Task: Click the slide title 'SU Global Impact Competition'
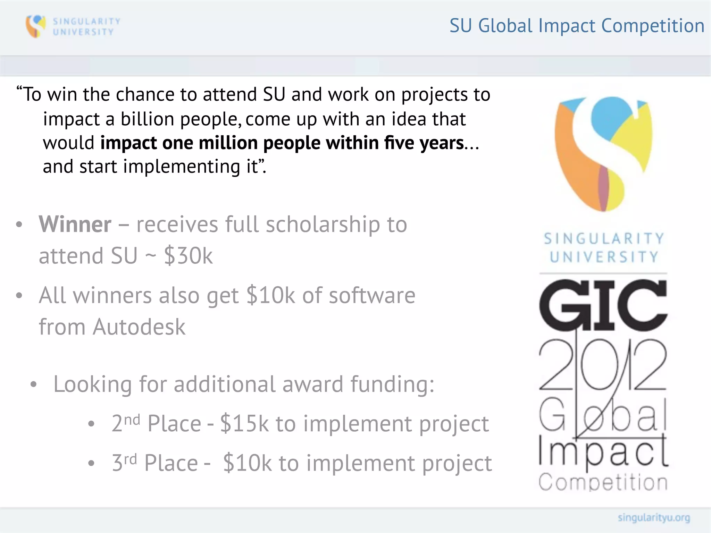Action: (577, 26)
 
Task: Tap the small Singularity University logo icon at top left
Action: (35, 26)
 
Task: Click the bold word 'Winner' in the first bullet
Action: (75, 224)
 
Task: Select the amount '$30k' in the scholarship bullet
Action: (188, 256)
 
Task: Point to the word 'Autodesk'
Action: (139, 327)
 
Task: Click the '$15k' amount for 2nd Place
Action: (244, 423)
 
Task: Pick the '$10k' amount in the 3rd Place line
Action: (247, 463)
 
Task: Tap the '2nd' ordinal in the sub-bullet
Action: (126, 423)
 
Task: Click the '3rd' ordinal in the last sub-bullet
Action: (124, 462)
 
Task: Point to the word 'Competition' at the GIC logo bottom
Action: (603, 482)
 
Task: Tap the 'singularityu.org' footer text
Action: (654, 518)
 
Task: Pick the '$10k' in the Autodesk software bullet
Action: (270, 296)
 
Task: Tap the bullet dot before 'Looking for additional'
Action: (33, 384)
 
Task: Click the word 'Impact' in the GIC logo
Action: (603, 451)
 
